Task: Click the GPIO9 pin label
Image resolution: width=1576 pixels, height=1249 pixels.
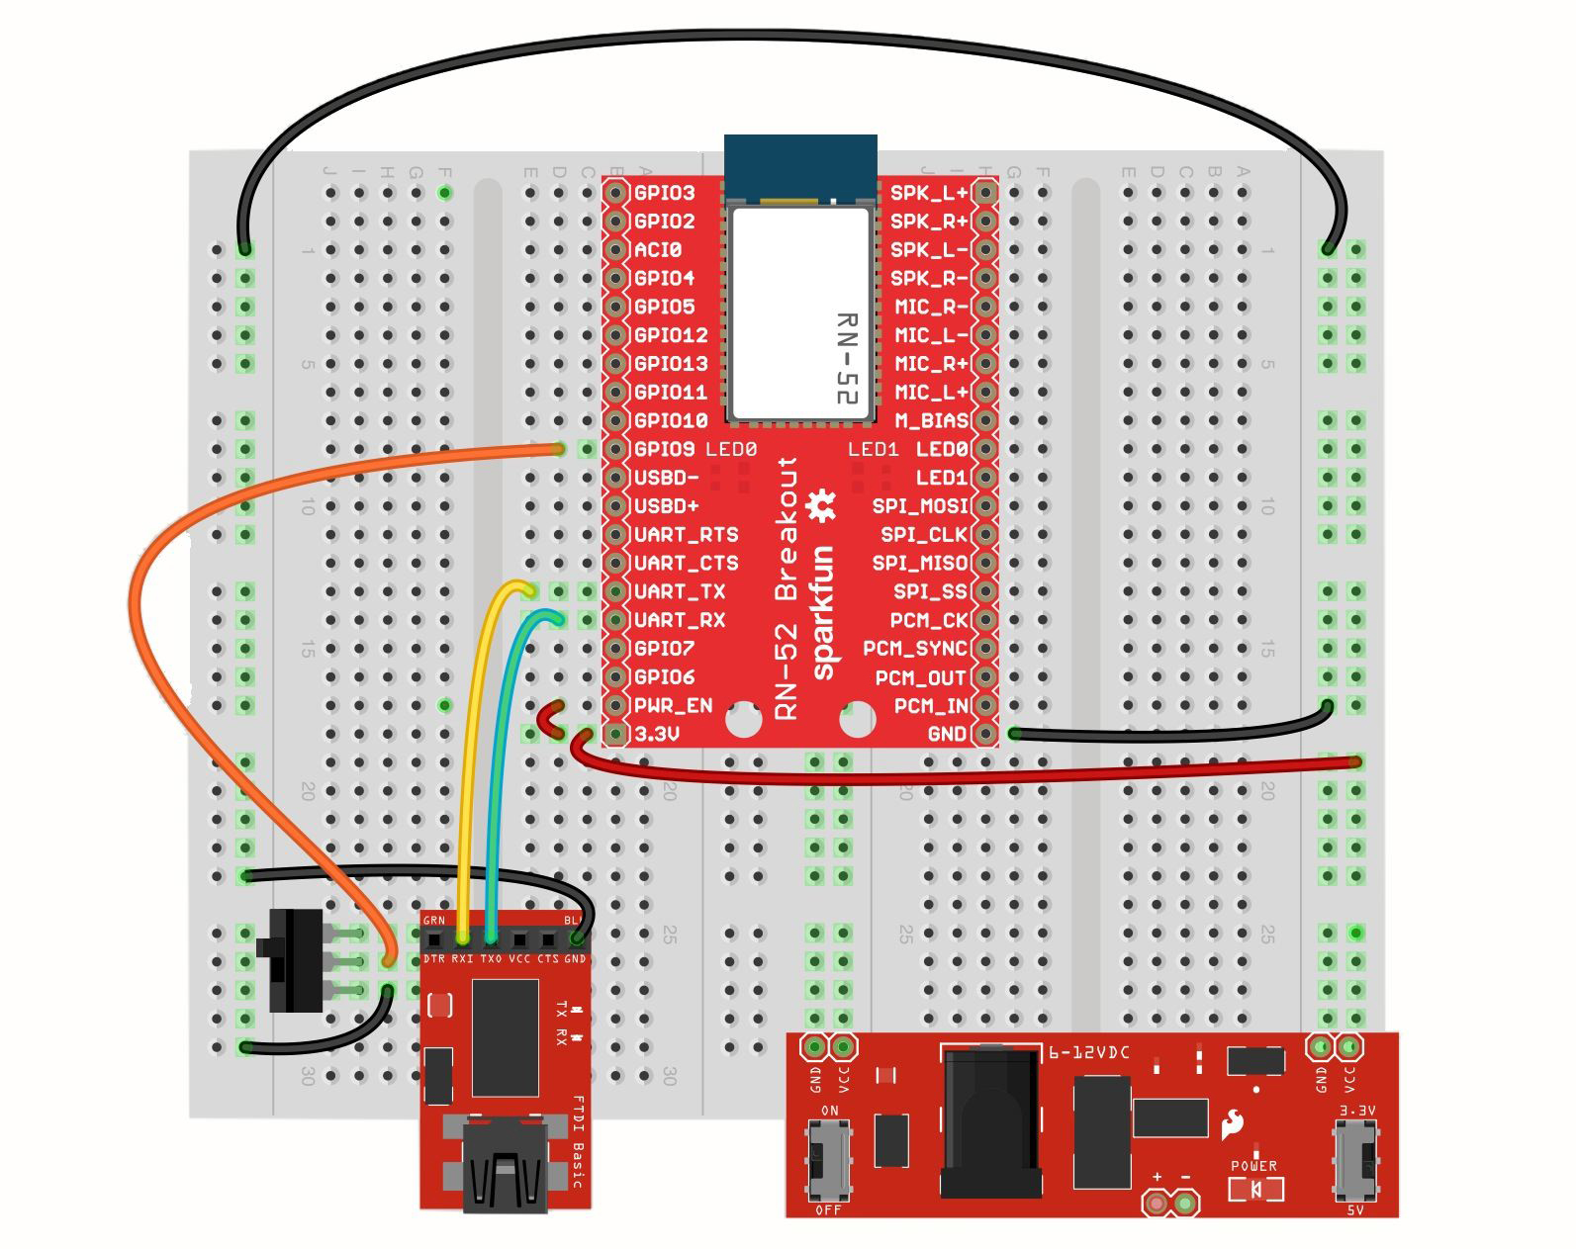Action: (664, 449)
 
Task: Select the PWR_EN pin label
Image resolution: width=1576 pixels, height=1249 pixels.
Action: (673, 705)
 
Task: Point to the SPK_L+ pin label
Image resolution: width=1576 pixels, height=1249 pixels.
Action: (928, 193)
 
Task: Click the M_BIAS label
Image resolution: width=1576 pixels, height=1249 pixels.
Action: (931, 420)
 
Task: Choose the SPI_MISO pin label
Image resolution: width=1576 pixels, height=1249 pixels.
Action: (919, 563)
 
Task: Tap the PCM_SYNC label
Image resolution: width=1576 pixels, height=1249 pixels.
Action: (914, 649)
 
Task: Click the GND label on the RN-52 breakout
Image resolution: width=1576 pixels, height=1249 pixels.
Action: (947, 734)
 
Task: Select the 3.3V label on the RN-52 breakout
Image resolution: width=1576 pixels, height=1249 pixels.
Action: (657, 734)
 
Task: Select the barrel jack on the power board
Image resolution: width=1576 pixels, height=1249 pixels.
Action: (989, 1122)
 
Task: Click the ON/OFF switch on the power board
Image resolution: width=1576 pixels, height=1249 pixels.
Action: (828, 1157)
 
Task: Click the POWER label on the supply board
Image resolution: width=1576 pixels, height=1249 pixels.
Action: (1253, 1165)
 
